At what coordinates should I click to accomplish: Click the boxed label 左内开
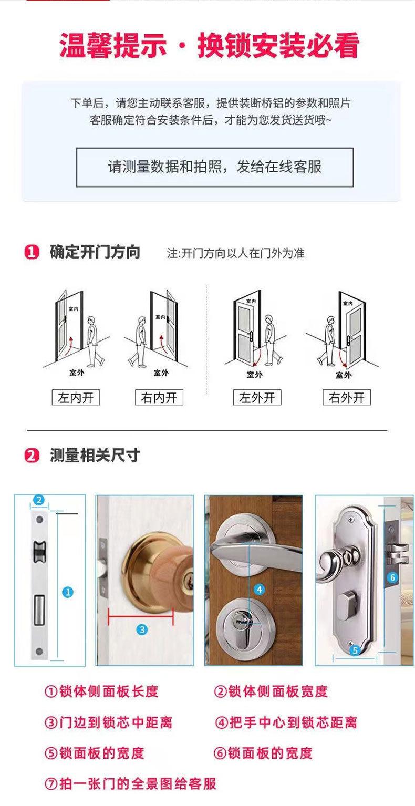click(76, 398)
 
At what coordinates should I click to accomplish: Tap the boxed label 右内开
click(159, 398)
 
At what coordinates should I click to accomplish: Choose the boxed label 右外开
click(346, 398)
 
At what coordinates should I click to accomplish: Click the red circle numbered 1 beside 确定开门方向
click(32, 253)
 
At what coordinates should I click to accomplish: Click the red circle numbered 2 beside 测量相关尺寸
click(32, 456)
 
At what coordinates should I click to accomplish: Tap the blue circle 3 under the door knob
click(142, 629)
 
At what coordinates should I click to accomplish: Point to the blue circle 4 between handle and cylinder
click(259, 589)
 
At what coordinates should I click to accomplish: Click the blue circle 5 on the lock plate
click(354, 650)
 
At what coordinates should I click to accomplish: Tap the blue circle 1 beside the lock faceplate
click(67, 592)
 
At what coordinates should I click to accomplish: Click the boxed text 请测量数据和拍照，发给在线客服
click(214, 167)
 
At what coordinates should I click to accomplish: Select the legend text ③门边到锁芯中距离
click(108, 722)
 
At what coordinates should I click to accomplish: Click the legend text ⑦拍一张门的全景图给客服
click(130, 784)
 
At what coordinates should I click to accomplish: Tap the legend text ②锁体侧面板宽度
click(271, 691)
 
